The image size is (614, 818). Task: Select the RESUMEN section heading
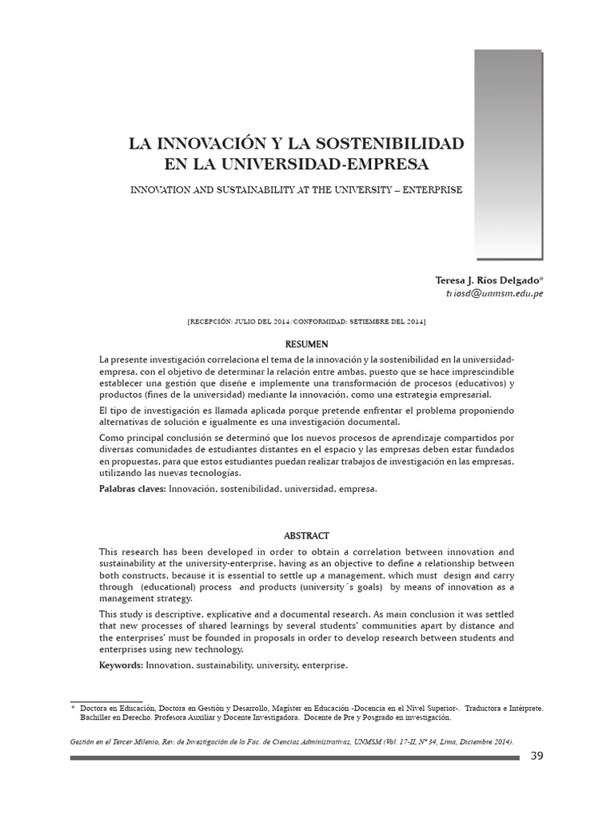click(307, 344)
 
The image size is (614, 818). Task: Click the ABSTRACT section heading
click(307, 536)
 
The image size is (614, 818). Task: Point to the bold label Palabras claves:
click(132, 488)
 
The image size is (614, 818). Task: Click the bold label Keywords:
click(122, 665)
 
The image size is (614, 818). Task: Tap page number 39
click(536, 756)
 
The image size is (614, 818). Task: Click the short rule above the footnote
click(106, 701)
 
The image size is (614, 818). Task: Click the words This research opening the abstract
click(125, 552)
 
